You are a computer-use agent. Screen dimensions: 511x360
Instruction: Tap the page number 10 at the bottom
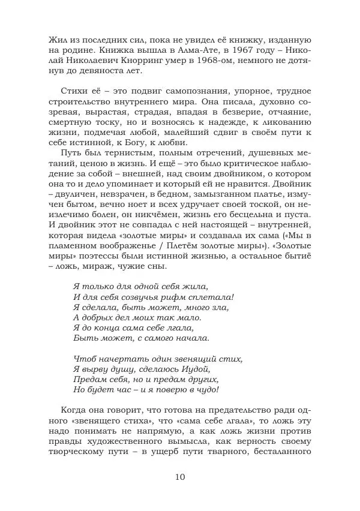(x=181, y=477)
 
